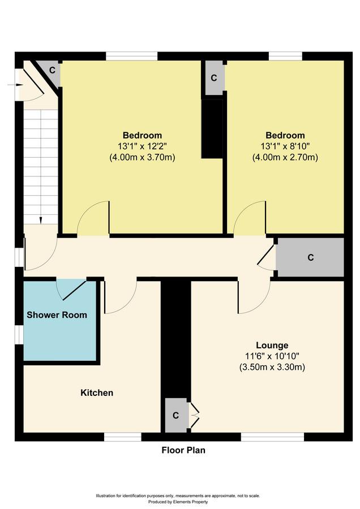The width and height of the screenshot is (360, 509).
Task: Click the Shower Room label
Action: point(57,314)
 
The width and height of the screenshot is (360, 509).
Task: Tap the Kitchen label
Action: point(97,392)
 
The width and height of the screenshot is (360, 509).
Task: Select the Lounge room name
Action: point(272,346)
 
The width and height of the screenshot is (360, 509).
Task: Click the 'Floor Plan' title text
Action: point(183,450)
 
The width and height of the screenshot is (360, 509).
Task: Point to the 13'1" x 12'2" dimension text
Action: point(142,146)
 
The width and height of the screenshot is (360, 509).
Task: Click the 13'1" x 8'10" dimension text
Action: point(285,146)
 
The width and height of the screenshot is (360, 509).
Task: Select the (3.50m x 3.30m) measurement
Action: point(272,368)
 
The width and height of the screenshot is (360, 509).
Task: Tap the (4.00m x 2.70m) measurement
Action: point(285,157)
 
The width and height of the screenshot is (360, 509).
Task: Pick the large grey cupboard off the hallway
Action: point(310,257)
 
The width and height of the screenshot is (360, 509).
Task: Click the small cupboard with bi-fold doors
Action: point(176,415)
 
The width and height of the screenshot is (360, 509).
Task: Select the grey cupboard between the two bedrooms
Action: point(213,77)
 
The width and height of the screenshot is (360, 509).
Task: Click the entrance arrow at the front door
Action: point(15,85)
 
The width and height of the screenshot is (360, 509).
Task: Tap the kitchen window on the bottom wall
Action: point(123,437)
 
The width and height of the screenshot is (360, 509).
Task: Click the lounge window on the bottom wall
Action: point(272,437)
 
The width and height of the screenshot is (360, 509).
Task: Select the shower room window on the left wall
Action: point(19,334)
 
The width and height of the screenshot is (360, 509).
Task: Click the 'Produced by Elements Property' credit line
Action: point(178,502)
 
